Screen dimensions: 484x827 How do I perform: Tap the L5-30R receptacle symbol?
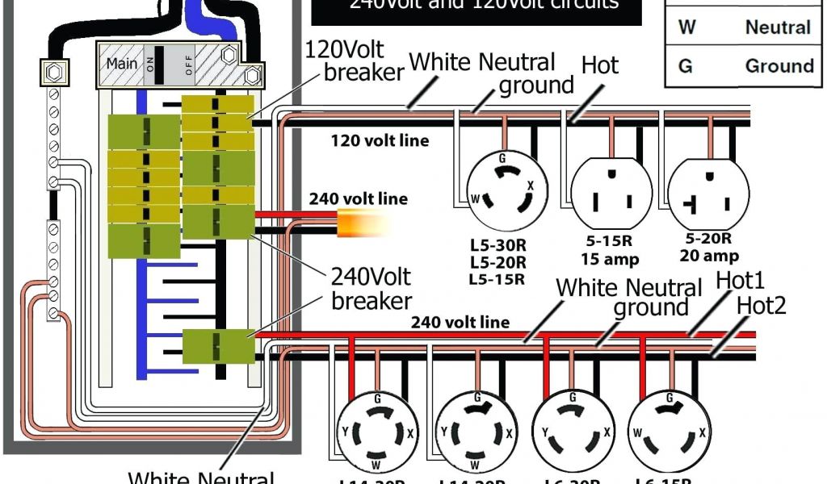click(502, 191)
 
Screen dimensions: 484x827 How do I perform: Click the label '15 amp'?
click(610, 259)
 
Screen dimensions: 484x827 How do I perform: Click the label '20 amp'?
click(708, 257)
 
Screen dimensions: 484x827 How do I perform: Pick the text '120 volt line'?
click(380, 140)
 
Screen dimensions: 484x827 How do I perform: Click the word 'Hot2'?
click(761, 306)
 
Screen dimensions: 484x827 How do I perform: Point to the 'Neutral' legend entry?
click(778, 27)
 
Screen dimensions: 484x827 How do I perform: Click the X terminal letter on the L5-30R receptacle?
click(530, 186)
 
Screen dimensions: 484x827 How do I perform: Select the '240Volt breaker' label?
click(371, 289)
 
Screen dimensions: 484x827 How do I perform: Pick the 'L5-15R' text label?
click(497, 279)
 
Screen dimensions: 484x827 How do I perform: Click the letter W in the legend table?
click(686, 27)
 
